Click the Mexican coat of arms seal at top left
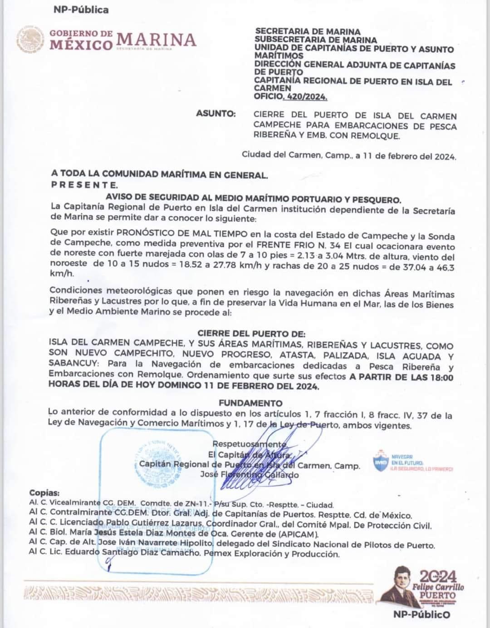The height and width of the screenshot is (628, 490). pos(31,40)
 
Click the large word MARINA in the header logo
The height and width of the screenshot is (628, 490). pos(157,40)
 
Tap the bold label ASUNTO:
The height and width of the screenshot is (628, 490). pos(216,114)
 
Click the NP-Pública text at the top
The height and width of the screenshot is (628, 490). pos(81,10)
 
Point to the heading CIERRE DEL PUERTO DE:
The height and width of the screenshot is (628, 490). pos(251,333)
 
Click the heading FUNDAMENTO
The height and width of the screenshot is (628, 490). pos(250,403)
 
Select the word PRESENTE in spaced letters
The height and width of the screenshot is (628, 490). pos(84,185)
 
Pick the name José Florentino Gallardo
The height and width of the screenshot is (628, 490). pos(250,475)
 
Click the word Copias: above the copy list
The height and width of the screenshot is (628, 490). pos(44,493)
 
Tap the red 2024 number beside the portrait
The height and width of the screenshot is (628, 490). pos(438,577)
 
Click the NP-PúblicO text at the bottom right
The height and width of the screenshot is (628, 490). pos(422,614)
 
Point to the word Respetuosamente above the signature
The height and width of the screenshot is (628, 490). pos(249,444)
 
